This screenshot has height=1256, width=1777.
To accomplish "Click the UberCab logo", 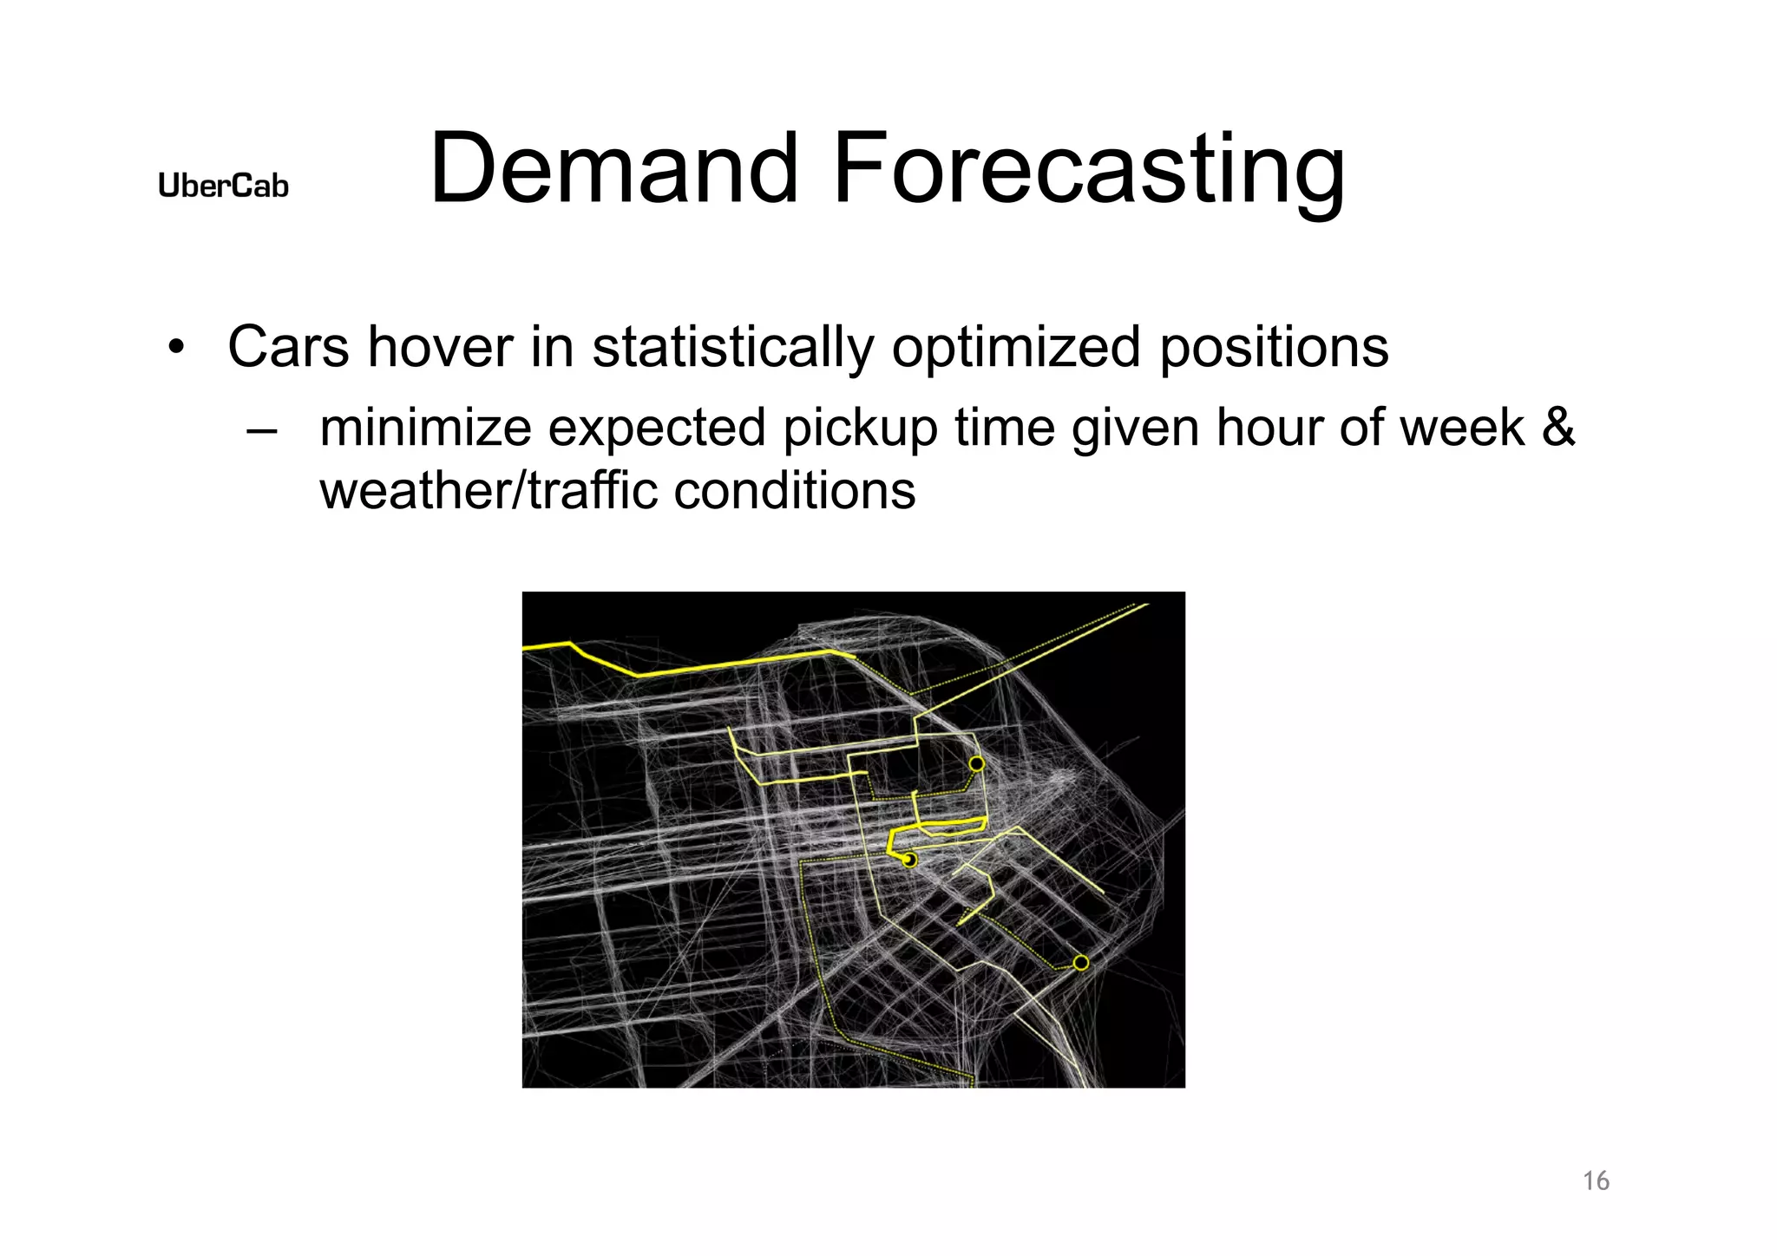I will click(223, 186).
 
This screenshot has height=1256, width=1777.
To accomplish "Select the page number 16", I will click(1596, 1181).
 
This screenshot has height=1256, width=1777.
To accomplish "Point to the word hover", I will click(440, 347).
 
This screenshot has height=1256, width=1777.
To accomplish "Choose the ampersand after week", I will click(1558, 428).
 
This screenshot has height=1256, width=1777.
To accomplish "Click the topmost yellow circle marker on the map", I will click(976, 764).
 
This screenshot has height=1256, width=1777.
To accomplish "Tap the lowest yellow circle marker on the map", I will click(1081, 963).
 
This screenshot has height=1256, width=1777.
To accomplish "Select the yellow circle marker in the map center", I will click(909, 860).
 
